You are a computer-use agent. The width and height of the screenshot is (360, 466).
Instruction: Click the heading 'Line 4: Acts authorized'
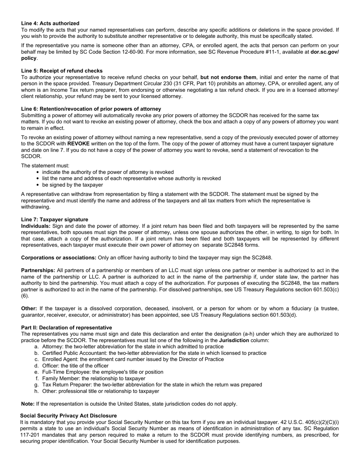[50, 23]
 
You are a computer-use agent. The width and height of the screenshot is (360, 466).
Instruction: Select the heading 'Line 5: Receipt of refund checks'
[62, 71]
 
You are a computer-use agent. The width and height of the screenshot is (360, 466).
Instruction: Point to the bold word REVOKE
[78, 144]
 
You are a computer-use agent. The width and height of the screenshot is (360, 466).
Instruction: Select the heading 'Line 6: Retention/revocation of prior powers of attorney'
[91, 109]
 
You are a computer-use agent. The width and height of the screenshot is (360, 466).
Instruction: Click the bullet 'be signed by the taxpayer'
[72, 185]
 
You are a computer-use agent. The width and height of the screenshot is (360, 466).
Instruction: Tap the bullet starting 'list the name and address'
[131, 178]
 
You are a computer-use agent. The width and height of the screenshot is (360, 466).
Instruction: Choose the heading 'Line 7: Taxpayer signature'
[55, 220]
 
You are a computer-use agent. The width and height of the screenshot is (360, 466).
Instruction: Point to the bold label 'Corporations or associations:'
[59, 258]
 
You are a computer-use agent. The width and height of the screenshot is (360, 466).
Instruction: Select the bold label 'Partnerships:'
[38, 271]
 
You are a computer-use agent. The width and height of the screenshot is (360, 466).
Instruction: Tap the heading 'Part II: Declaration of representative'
[66, 328]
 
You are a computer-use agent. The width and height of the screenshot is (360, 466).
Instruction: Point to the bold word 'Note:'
[28, 404]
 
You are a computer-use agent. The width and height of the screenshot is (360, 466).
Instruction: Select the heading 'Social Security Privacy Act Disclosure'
[68, 416]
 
